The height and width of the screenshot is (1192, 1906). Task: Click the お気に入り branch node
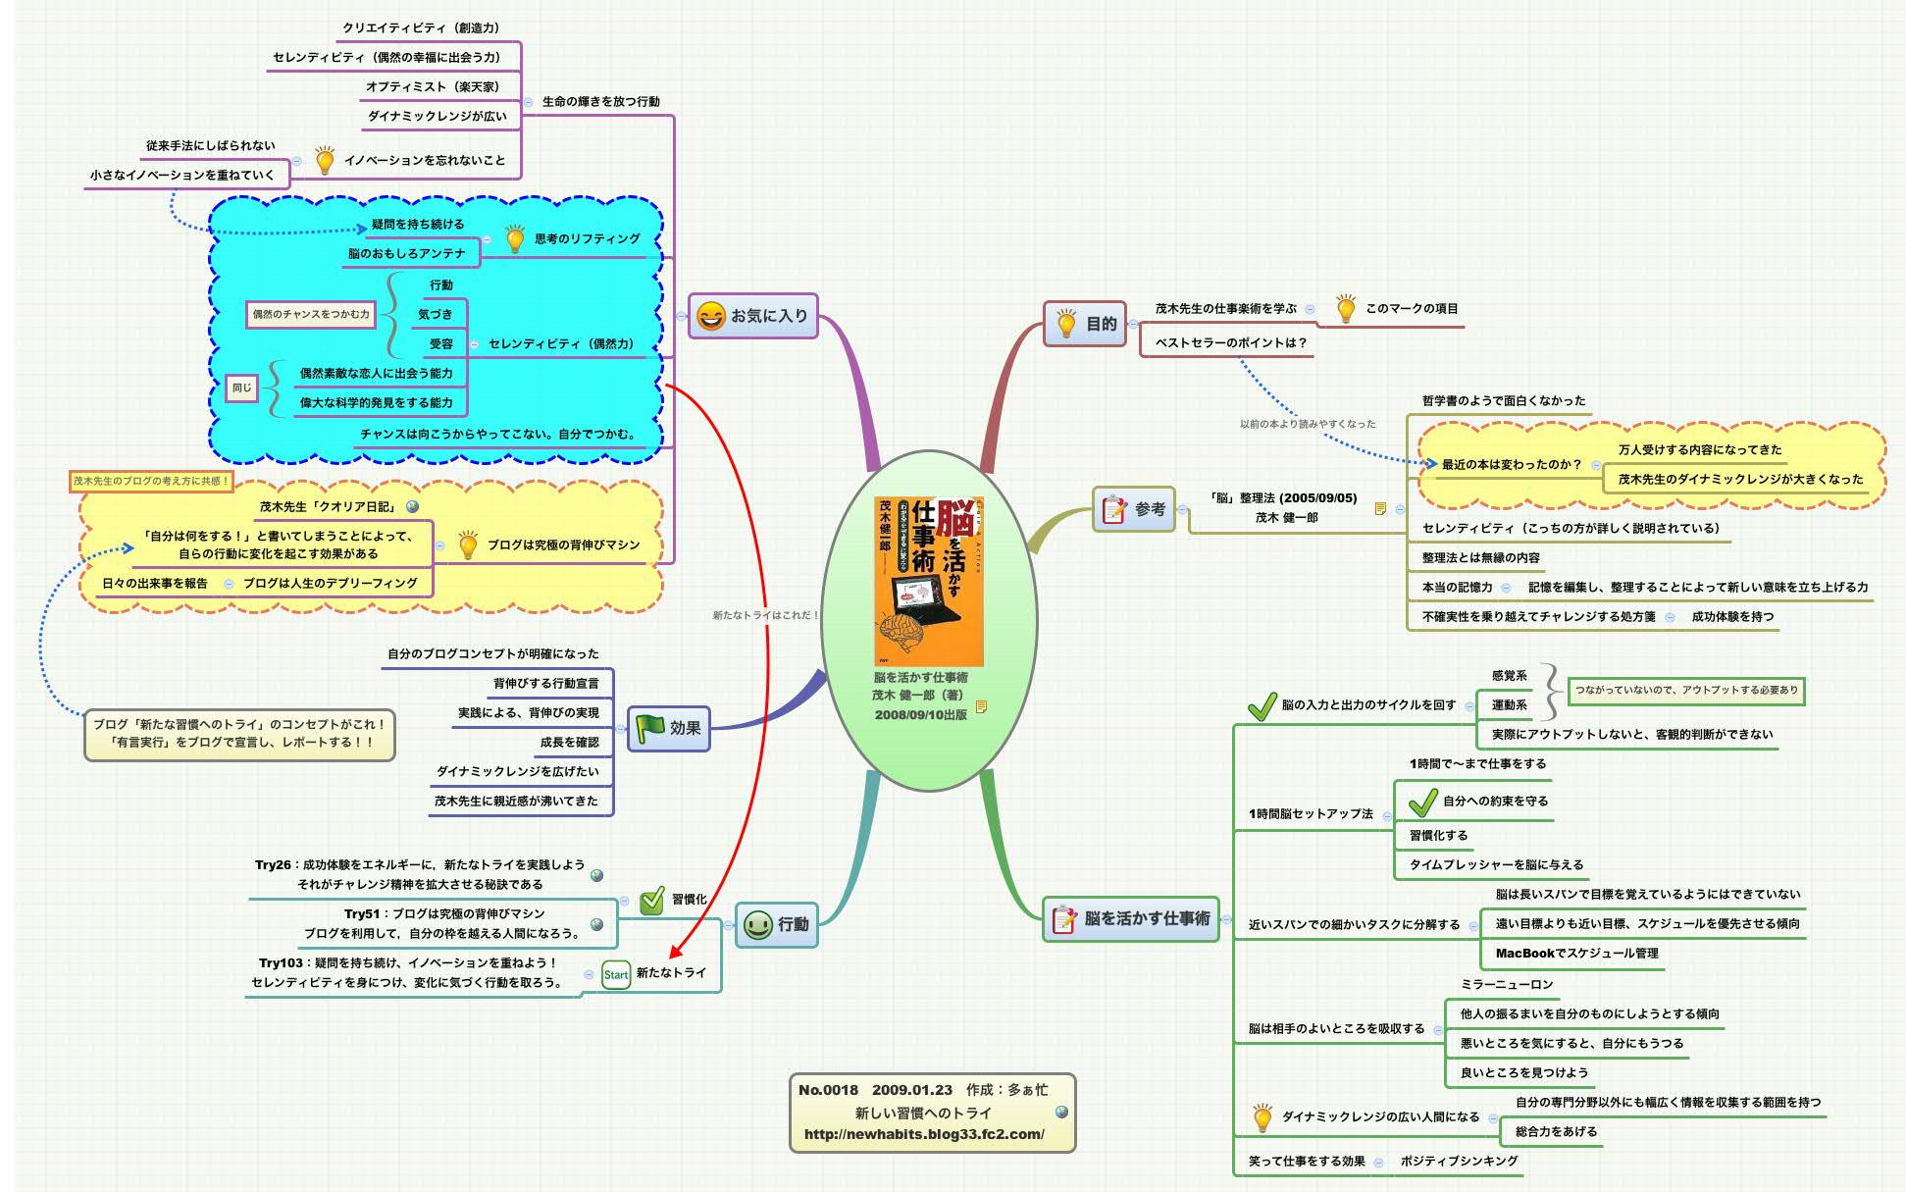click(752, 316)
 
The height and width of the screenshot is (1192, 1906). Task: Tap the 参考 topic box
click(1134, 509)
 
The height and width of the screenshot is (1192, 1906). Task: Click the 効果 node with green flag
click(668, 728)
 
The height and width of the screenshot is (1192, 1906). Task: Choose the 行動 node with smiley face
click(776, 924)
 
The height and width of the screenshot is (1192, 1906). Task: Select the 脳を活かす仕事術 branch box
click(1130, 919)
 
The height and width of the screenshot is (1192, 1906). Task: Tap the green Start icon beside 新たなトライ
click(616, 974)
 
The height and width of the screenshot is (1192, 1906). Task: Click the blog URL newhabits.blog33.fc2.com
click(923, 1134)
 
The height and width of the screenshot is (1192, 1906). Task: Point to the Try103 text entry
click(407, 972)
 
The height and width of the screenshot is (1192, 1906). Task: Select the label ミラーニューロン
click(1507, 984)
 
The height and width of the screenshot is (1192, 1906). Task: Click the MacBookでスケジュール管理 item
click(1576, 953)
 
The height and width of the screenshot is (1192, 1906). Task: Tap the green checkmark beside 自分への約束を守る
click(1422, 803)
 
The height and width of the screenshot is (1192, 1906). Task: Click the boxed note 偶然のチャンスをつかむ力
click(311, 314)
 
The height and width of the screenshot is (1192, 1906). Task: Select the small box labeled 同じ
click(241, 388)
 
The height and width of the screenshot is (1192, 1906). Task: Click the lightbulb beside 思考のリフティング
click(515, 238)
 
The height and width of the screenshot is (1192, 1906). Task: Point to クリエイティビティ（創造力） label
click(421, 28)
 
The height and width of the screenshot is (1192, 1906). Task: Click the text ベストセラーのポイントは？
click(1230, 342)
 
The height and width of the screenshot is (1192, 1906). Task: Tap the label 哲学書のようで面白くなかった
click(1503, 400)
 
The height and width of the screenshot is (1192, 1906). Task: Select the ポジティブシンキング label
click(1459, 1161)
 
